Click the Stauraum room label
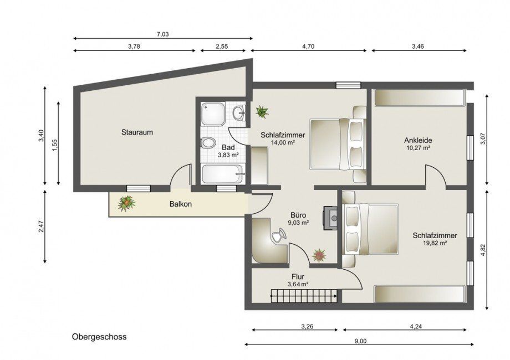(137, 132)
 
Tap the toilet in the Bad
(208, 143)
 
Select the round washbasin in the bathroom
(239, 113)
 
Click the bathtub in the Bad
(222, 174)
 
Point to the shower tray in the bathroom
(213, 114)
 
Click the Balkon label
(181, 204)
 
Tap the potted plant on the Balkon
(126, 203)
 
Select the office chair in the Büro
(279, 235)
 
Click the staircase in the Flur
(304, 296)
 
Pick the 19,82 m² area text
(435, 243)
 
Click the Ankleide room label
(418, 140)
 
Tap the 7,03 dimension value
(162, 34)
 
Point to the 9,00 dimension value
(360, 341)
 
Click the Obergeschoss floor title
(99, 337)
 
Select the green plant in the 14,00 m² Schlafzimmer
(262, 111)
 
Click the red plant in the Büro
(319, 255)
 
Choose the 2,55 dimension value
(222, 46)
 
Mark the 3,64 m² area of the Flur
(298, 284)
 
